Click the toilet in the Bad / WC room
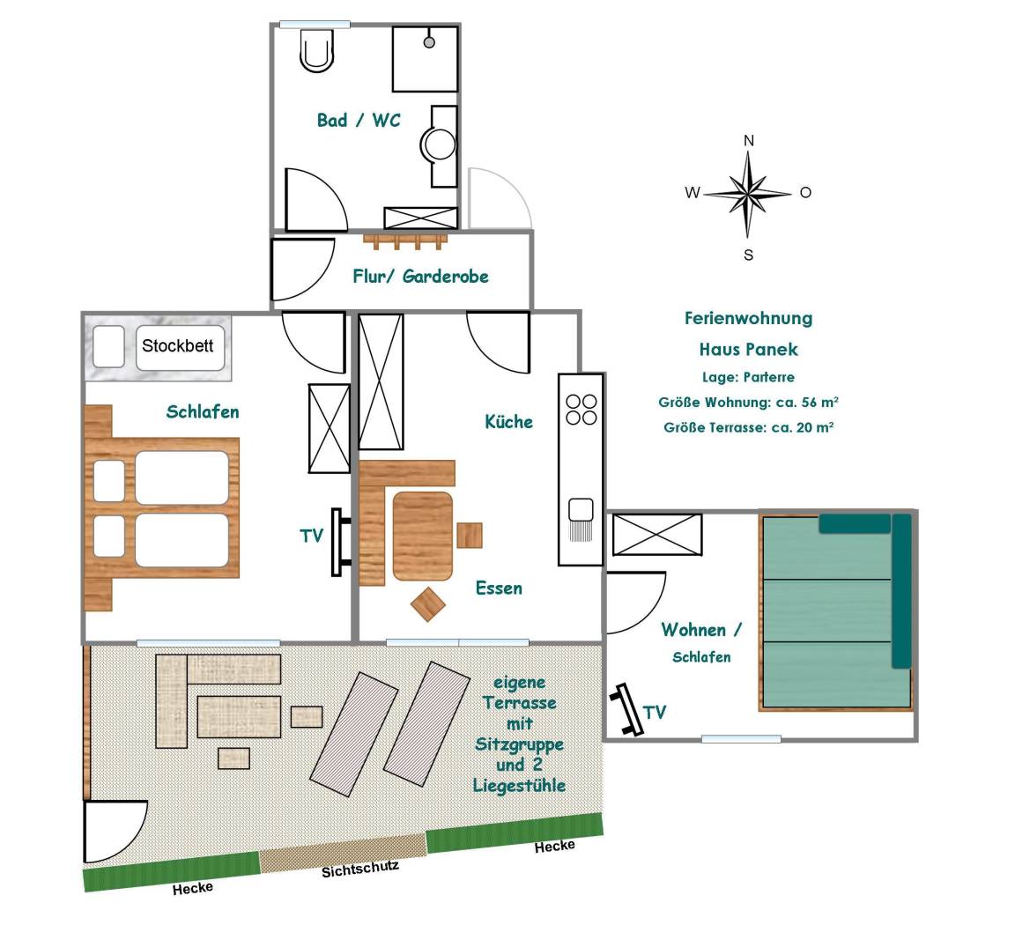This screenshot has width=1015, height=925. pos(317,50)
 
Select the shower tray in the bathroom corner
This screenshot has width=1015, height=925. pos(425,58)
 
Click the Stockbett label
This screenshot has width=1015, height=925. pos(177,345)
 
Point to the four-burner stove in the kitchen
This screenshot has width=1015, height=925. pos(581,409)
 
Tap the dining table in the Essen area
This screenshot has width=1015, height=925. pos(423,536)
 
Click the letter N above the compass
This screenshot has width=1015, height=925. pos(749,141)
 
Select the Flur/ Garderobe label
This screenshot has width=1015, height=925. pos(420,277)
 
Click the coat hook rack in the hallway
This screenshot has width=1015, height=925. pos(405,239)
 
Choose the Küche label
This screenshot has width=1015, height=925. pos(508,422)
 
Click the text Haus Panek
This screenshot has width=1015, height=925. pos(748,349)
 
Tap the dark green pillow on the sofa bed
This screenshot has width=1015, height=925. pos(855,524)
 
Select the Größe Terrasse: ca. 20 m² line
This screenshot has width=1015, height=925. pos(748,427)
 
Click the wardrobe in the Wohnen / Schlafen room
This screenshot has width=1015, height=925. pos(657,535)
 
